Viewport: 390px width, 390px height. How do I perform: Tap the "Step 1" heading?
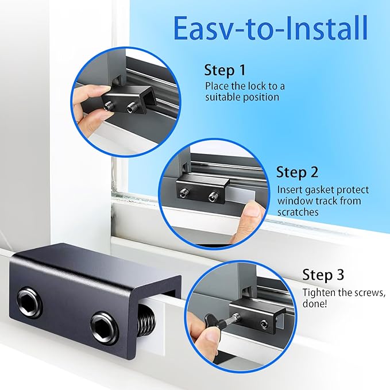(x=225, y=71)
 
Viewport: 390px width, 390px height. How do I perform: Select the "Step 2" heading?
(x=297, y=172)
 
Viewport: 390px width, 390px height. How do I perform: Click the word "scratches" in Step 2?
(x=298, y=211)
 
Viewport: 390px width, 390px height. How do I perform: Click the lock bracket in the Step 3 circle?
(x=261, y=316)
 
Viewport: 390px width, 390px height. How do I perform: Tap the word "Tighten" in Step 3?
(x=319, y=292)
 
